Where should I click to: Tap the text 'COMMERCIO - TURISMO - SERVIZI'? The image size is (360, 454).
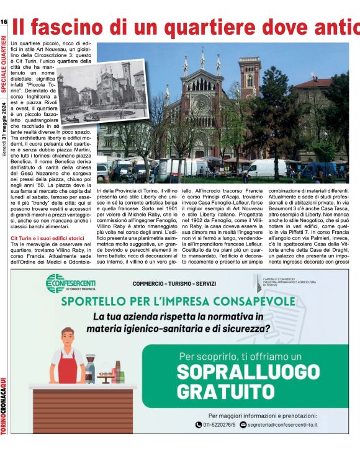click(x=174, y=284)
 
